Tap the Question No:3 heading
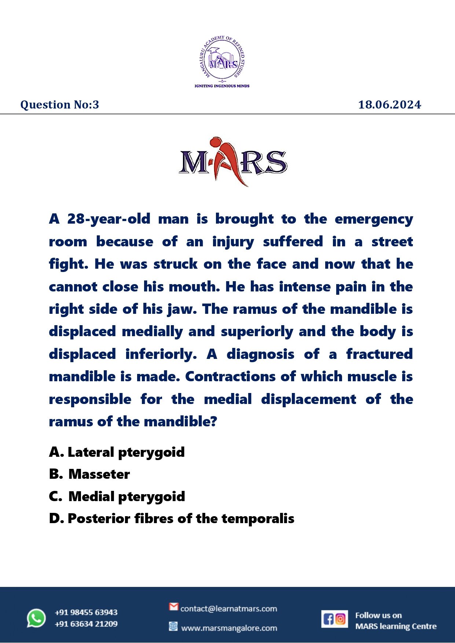click(60, 105)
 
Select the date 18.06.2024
click(389, 105)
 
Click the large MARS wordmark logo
click(232, 162)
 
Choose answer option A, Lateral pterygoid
click(117, 452)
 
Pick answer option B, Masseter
click(89, 474)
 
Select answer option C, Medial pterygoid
click(117, 496)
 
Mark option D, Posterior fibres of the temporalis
click(172, 519)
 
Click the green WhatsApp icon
click(36, 618)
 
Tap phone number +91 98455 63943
click(86, 612)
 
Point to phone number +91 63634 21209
click(86, 624)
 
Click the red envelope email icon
click(173, 607)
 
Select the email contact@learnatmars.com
click(228, 609)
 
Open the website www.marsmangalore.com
click(229, 628)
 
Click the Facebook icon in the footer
click(328, 619)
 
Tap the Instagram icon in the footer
click(341, 619)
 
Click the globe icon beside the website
click(173, 626)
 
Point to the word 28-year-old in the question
click(109, 219)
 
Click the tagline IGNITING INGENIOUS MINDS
click(222, 86)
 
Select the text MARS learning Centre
click(396, 627)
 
